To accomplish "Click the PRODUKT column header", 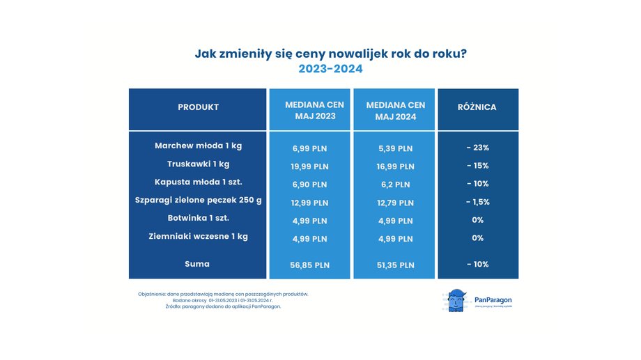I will pos(198,107).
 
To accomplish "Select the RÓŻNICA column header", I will pos(477,107).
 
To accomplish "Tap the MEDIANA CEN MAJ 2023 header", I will pos(310,110).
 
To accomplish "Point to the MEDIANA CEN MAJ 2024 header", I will pos(395,110).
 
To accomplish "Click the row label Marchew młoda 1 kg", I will pos(198,146).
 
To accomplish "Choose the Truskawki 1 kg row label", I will pos(198,164).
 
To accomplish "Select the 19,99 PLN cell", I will pos(310,166).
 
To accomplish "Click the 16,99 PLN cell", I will pos(395,166).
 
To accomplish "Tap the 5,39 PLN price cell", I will pos(395,148).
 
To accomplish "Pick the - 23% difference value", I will pos(478,148).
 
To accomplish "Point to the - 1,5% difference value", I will pos(478,202).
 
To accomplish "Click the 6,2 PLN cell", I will pos(395,185).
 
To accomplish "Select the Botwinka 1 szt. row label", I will pos(198,219).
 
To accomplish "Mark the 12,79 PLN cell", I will pos(395,203).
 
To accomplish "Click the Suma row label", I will pos(198,264).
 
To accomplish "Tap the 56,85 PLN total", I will pos(310,265).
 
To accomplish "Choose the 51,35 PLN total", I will pos(395,265).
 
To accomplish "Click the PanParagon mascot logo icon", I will pos(456,301).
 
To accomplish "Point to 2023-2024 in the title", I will pos(330,69).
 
